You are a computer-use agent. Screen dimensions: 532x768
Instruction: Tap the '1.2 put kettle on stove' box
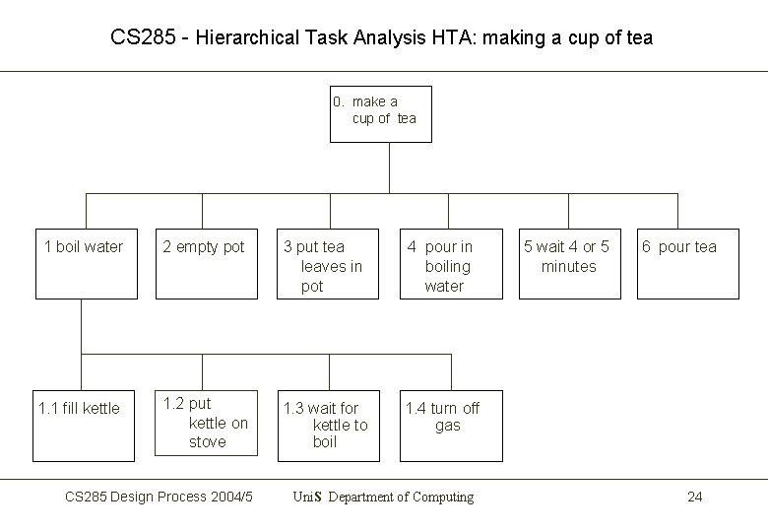[205, 423]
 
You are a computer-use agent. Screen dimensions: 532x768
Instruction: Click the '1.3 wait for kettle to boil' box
[325, 425]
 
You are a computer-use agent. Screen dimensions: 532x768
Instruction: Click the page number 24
[694, 497]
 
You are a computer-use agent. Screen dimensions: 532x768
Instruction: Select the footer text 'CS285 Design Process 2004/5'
[159, 497]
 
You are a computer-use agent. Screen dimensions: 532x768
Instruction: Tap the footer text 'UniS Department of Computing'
[383, 497]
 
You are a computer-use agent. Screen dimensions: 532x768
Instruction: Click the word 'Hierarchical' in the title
[250, 38]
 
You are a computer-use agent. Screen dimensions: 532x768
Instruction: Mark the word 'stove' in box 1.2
[207, 442]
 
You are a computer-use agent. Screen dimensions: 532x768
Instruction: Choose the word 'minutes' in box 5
[568, 267]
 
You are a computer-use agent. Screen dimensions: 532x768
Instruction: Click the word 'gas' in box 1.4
[447, 426]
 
